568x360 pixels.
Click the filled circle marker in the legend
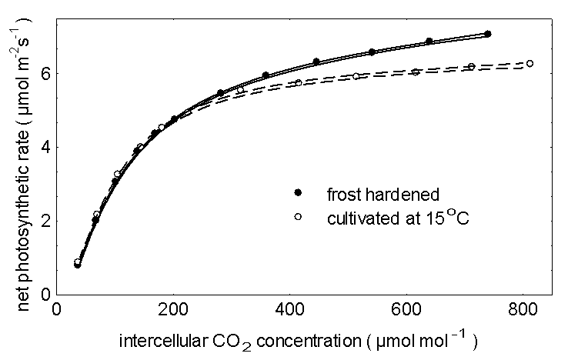pyautogui.click(x=297, y=191)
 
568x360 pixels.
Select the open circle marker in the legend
pyautogui.click(x=297, y=218)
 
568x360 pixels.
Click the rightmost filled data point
pyautogui.click(x=488, y=35)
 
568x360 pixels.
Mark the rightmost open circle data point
pyautogui.click(x=530, y=63)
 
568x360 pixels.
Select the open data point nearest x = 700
pyautogui.click(x=471, y=67)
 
